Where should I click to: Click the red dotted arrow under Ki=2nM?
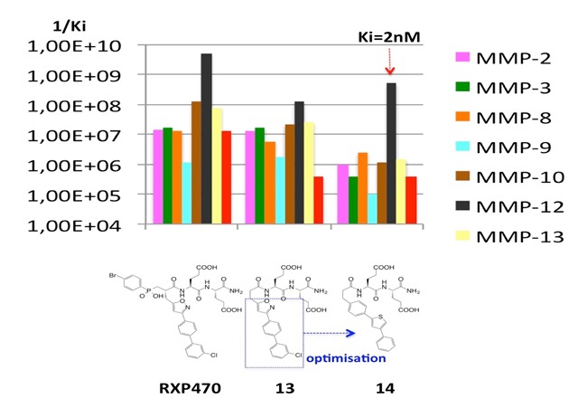point(391,62)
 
